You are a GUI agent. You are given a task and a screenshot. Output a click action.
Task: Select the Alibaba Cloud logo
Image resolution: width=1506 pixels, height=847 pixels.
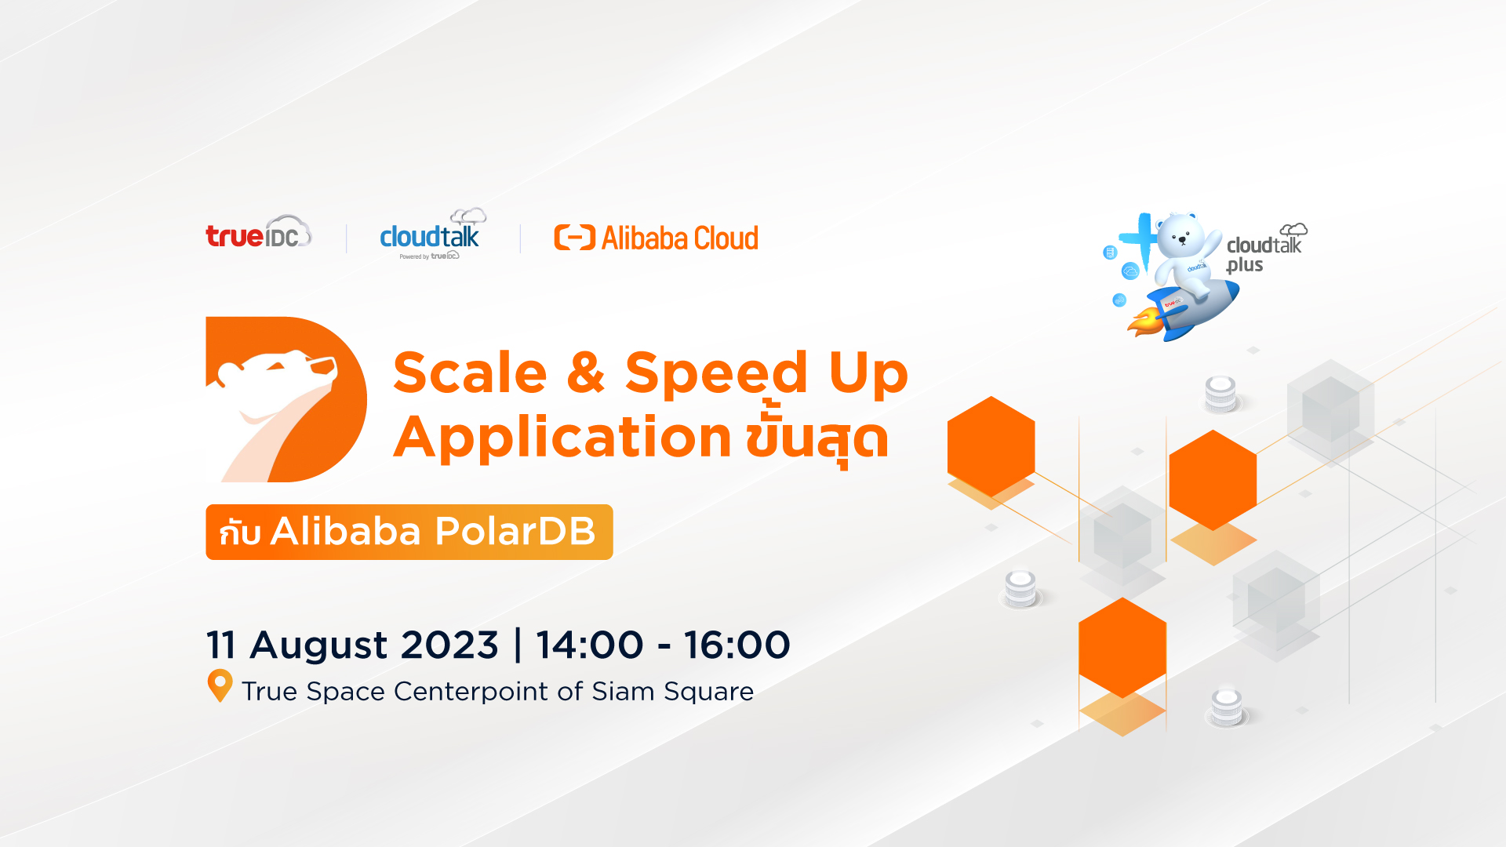[657, 238]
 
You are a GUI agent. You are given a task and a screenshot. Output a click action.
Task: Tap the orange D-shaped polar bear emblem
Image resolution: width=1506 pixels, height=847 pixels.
[286, 399]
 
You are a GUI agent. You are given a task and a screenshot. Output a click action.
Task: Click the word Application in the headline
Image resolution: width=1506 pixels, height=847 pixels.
[562, 438]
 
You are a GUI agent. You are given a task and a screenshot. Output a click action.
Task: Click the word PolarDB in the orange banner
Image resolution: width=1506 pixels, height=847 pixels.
[515, 531]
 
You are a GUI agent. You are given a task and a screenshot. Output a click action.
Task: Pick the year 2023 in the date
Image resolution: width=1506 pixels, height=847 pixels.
[449, 645]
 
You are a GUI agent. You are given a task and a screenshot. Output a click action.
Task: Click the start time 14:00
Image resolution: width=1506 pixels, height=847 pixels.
[590, 645]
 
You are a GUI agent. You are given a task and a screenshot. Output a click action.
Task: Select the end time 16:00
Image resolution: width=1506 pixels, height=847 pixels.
[737, 645]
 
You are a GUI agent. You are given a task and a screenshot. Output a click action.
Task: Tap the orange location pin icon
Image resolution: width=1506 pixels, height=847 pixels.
[220, 683]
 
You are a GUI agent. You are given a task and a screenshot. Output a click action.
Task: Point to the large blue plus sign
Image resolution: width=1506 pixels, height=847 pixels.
[1140, 239]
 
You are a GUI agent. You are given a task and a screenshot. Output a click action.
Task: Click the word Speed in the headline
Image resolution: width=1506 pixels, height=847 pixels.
[716, 375]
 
